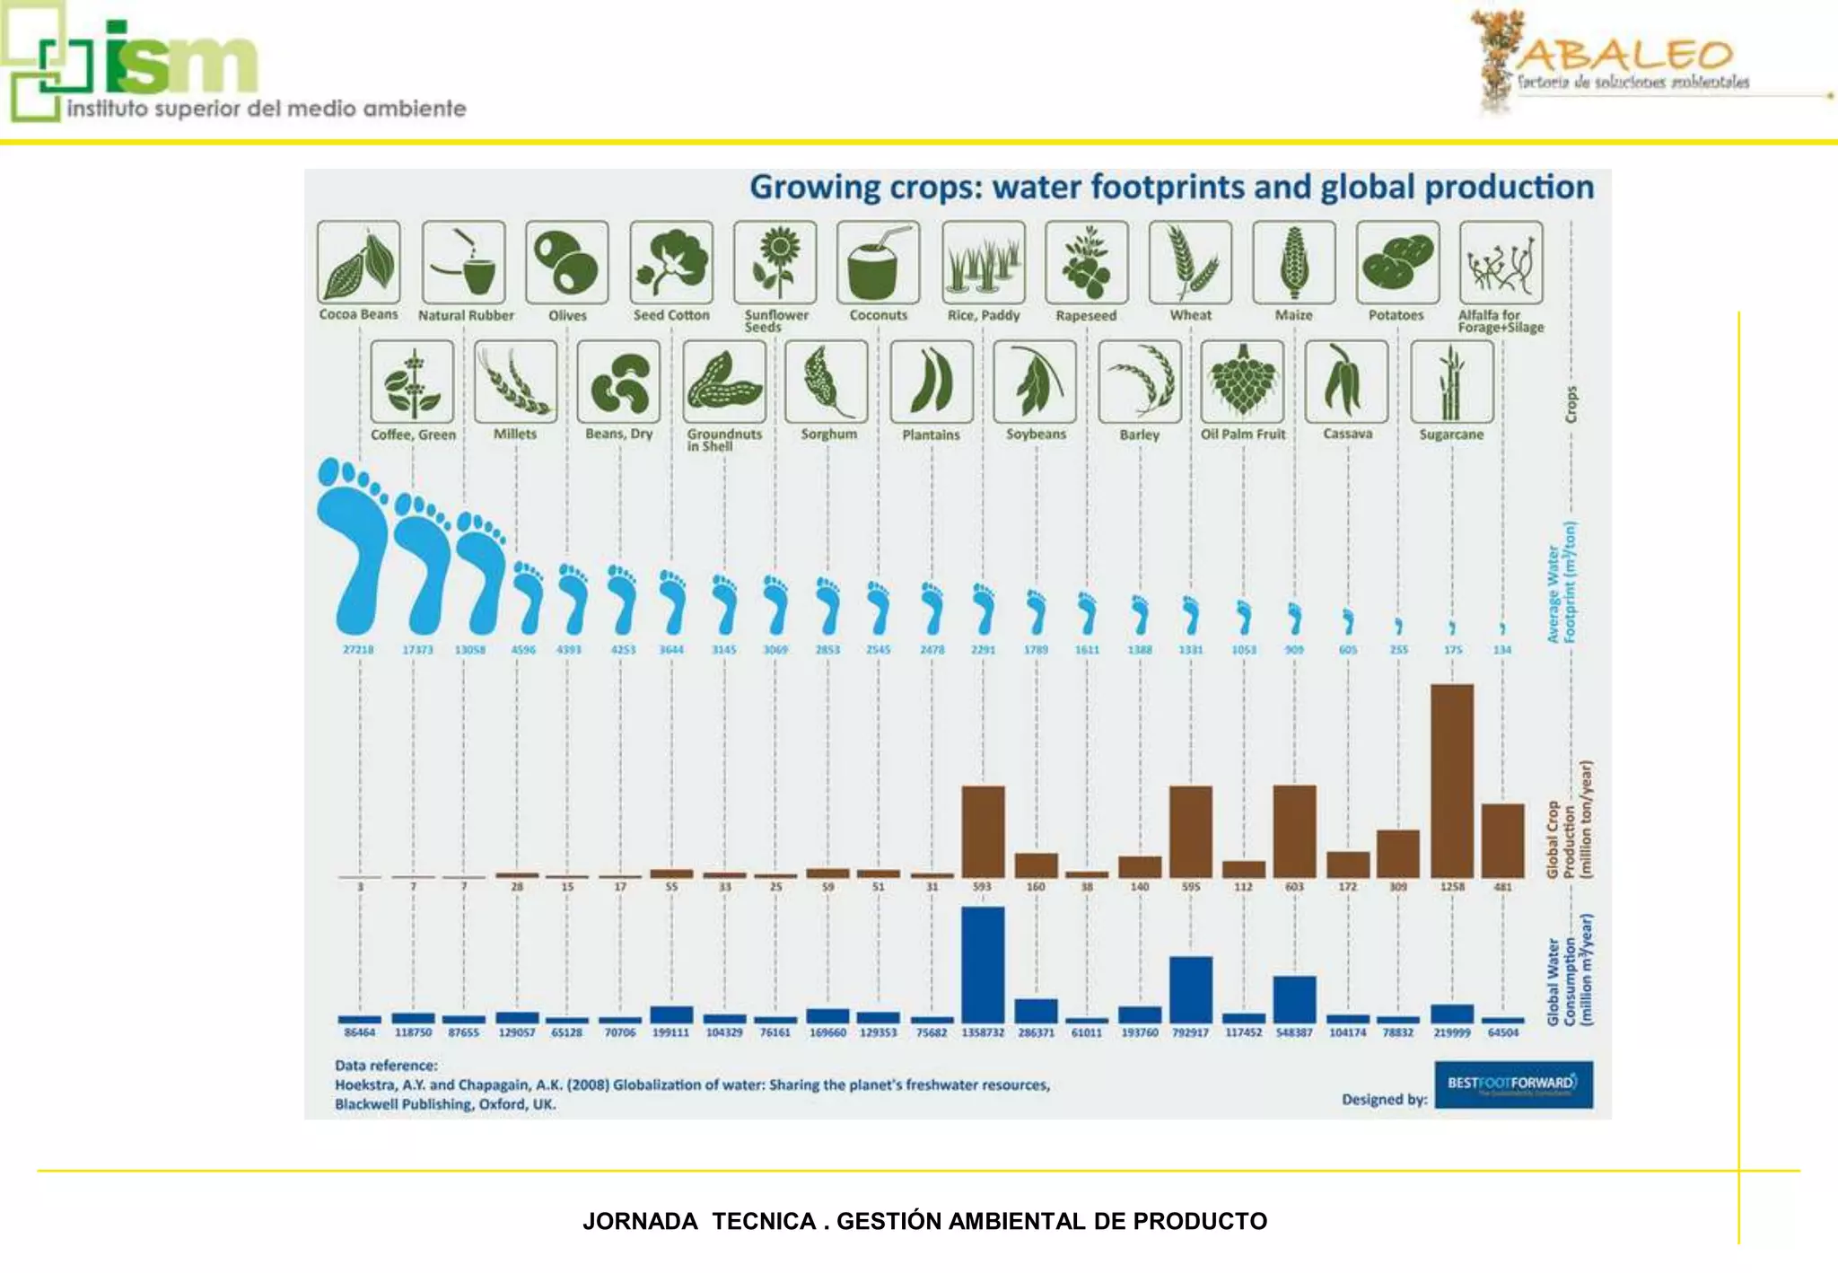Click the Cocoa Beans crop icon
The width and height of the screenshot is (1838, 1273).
pyautogui.click(x=359, y=262)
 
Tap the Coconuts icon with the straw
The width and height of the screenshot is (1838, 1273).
pyautogui.click(x=878, y=262)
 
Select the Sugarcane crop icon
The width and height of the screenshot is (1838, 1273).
pyautogui.click(x=1451, y=382)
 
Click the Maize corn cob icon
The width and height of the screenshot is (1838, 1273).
pyautogui.click(x=1293, y=262)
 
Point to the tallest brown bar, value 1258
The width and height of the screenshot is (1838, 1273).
pyautogui.click(x=1452, y=781)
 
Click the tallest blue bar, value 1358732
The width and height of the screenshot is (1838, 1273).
pyautogui.click(x=983, y=965)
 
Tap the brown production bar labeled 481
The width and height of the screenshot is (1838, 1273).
pyautogui.click(x=1502, y=840)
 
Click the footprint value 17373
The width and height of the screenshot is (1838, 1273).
pyautogui.click(x=417, y=650)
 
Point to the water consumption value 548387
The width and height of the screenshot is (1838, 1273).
pyautogui.click(x=1294, y=1033)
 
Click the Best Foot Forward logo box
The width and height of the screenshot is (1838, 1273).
pyautogui.click(x=1513, y=1084)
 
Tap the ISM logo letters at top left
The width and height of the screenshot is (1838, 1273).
pyautogui.click(x=179, y=58)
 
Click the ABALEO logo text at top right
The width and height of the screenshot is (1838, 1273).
pyautogui.click(x=1625, y=56)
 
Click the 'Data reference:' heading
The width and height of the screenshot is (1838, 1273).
pyautogui.click(x=386, y=1066)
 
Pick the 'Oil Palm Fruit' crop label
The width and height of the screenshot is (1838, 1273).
pyautogui.click(x=1243, y=435)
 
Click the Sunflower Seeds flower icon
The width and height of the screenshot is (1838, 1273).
pyautogui.click(x=775, y=262)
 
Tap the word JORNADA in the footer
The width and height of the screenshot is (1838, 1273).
pyautogui.click(x=640, y=1222)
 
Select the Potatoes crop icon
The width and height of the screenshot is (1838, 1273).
pyautogui.click(x=1397, y=262)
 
